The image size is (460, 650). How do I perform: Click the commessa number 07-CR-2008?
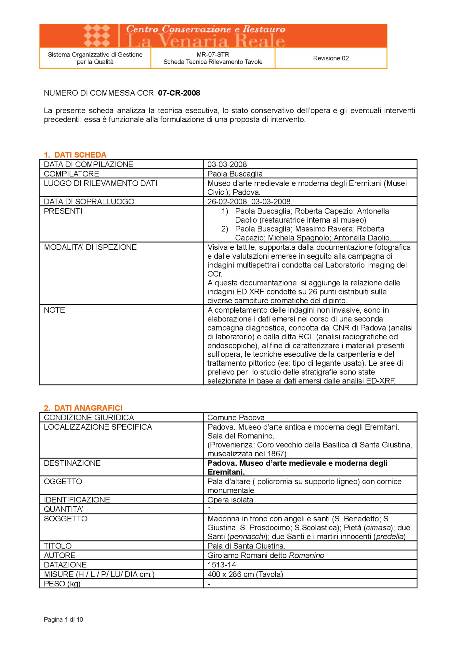pyautogui.click(x=179, y=93)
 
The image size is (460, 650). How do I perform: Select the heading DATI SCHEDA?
pyautogui.click(x=80, y=155)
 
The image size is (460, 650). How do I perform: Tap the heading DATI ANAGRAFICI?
pyautogui.click(x=88, y=408)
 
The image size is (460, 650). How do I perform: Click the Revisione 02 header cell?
pyautogui.click(x=331, y=58)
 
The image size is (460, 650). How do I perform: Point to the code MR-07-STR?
pyautogui.click(x=213, y=55)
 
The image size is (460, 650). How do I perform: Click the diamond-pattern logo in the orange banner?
pyautogui.click(x=97, y=36)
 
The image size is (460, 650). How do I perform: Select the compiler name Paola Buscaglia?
pyautogui.click(x=235, y=174)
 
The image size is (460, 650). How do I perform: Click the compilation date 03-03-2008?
pyautogui.click(x=227, y=164)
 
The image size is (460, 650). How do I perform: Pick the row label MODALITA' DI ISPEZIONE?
pyautogui.click(x=90, y=247)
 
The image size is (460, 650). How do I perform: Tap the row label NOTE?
pyautogui.click(x=54, y=310)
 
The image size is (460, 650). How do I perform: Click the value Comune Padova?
pyautogui.click(x=236, y=417)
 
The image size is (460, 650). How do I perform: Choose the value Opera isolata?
pyautogui.click(x=230, y=500)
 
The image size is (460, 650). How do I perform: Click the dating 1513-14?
pyautogui.click(x=222, y=565)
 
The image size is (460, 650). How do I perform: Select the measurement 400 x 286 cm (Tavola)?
pyautogui.click(x=245, y=574)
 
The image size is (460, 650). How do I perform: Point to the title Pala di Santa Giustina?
pyautogui.click(x=246, y=546)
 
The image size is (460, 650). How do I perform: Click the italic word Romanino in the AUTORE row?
pyautogui.click(x=306, y=555)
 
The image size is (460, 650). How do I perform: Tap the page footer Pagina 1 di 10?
pyautogui.click(x=63, y=619)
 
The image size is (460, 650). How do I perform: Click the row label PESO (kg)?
pyautogui.click(x=62, y=584)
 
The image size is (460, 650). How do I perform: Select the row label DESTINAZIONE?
pyautogui.click(x=72, y=463)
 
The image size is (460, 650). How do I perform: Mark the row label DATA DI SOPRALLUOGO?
pyautogui.click(x=89, y=201)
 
